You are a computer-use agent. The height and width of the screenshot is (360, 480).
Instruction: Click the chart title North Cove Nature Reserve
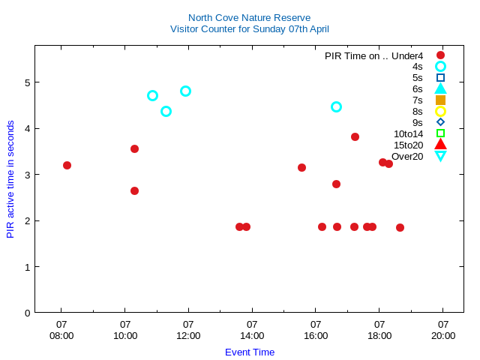click(249, 17)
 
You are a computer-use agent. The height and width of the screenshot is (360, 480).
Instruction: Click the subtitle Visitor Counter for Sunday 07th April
click(249, 29)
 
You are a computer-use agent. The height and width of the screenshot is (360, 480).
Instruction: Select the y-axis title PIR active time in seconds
click(10, 178)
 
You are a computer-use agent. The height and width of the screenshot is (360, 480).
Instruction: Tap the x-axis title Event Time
click(250, 352)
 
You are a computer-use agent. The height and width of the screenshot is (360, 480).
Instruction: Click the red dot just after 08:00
click(67, 165)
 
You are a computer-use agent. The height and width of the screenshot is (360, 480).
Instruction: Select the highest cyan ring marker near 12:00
click(185, 91)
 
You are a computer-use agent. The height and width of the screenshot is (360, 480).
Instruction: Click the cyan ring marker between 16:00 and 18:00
click(336, 106)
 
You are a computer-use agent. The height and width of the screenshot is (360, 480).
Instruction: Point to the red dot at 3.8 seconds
click(355, 136)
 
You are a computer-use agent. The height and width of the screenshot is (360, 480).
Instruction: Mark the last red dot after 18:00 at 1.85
click(400, 227)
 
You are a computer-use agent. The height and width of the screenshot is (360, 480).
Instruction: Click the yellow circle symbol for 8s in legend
click(440, 111)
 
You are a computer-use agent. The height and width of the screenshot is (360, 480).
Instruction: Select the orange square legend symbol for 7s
click(440, 100)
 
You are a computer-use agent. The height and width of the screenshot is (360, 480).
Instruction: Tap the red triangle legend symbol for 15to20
click(440, 145)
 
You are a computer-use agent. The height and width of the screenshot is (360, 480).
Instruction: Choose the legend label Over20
click(407, 156)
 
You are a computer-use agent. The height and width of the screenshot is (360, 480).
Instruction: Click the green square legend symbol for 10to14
click(440, 133)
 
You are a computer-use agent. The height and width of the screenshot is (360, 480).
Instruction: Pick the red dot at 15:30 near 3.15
click(301, 167)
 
